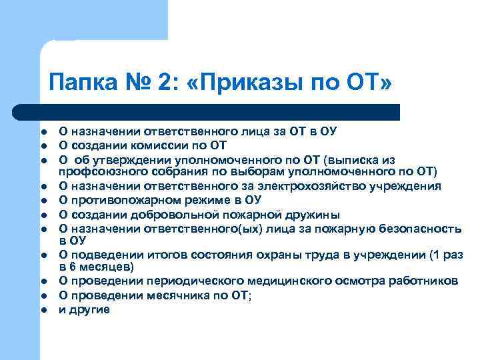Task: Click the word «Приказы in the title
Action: pos(265,85)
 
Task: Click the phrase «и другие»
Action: pos(84,309)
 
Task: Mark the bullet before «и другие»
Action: pos(42,310)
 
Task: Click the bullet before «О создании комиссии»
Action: pos(42,146)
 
